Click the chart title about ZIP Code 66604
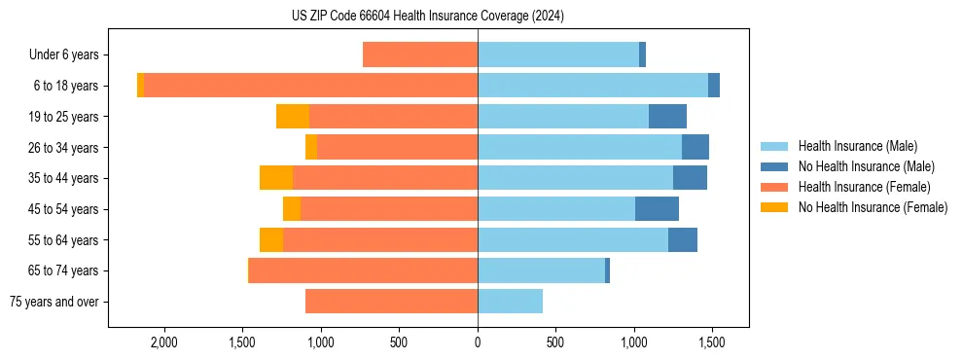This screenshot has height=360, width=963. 427,17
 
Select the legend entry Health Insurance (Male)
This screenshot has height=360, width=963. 857,146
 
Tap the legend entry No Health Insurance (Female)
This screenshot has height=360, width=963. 873,207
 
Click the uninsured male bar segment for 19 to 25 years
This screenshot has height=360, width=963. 667,117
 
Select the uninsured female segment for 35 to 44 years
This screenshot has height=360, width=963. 276,178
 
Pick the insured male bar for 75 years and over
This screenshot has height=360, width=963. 510,302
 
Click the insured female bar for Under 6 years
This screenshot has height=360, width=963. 420,55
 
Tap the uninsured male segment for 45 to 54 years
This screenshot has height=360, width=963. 657,209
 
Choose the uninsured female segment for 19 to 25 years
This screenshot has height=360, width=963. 293,117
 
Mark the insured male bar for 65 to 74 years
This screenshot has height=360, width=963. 541,270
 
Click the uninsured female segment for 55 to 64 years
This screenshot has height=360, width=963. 271,240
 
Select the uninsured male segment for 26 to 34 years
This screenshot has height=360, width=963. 695,148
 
